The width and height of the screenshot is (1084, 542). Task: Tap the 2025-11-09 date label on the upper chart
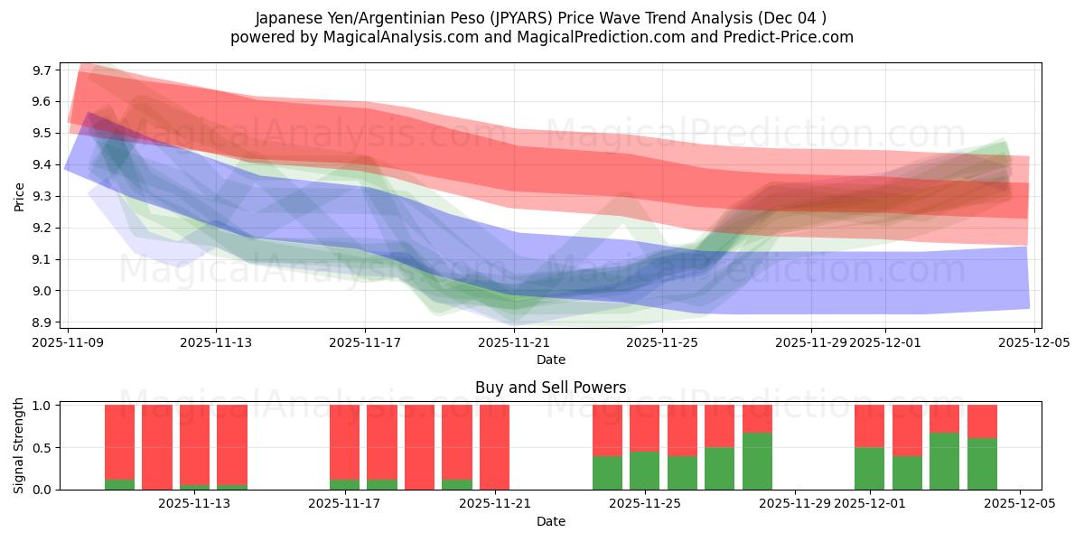68,342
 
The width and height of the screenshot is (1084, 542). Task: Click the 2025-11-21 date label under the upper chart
514,342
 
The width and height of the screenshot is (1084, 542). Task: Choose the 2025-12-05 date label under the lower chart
1020,504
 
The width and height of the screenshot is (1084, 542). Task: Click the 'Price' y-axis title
20,196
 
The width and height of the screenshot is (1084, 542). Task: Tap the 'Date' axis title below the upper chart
551,360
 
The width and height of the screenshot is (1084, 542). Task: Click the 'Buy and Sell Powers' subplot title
551,388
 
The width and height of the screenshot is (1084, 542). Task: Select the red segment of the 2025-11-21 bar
495,447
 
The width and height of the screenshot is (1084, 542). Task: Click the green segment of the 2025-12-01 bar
870,468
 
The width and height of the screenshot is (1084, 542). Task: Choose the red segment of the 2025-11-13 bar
194,443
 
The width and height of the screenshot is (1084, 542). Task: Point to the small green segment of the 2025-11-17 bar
344,484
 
